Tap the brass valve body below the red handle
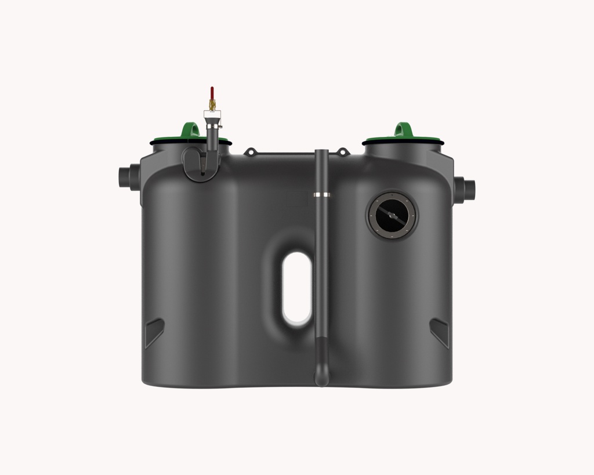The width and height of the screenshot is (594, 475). coord(212,106)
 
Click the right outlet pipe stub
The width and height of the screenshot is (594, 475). coord(466,190)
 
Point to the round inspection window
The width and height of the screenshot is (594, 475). coord(392,215)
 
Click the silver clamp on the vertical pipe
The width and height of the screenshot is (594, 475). coord(322,194)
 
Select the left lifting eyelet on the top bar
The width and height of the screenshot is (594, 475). coord(250,152)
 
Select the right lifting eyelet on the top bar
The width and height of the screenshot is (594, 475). coord(343,152)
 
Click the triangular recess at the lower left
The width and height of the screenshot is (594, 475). coord(153,332)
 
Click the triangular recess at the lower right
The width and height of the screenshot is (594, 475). coord(440,332)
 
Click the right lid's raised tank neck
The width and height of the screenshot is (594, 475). coord(403,150)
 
